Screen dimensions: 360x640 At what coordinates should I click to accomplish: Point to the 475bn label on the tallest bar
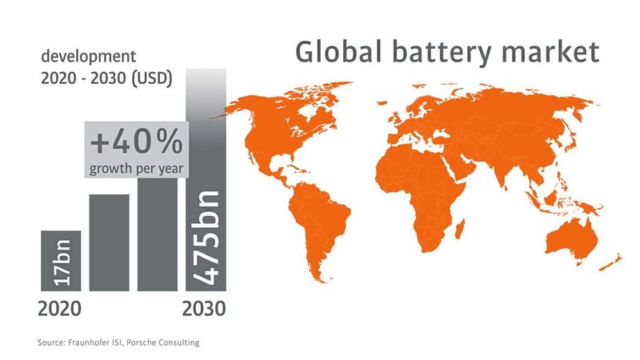(x=206, y=236)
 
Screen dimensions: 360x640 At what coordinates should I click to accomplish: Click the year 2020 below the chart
(x=59, y=307)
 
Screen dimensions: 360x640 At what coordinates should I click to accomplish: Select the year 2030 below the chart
(x=205, y=307)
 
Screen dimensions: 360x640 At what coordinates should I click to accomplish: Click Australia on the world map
(x=573, y=237)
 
